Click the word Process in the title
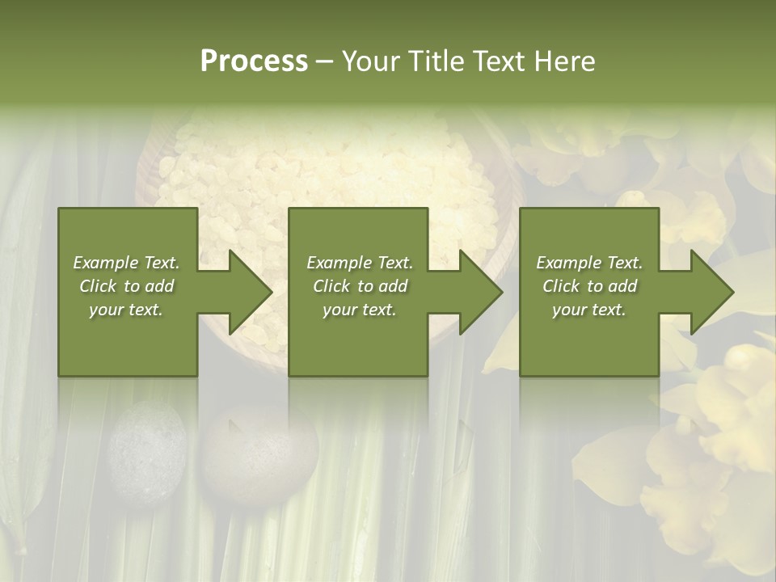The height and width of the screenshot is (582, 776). tap(254, 61)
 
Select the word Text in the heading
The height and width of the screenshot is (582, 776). tap(497, 61)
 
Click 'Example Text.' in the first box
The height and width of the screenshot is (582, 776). tap(126, 263)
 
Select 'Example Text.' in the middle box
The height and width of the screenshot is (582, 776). tap(360, 263)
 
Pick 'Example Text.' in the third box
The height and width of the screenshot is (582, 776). tap(589, 263)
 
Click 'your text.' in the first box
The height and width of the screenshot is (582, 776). tap(126, 310)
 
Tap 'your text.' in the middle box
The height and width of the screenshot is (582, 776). tap(360, 310)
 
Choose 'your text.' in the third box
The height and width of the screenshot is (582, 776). tap(589, 310)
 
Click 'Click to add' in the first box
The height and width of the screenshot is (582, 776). tap(126, 286)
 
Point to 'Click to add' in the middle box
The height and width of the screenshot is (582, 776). tap(360, 286)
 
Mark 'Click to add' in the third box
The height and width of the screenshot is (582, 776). tap(589, 286)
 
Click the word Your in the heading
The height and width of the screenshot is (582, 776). tap(369, 61)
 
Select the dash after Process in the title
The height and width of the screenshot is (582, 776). tap(324, 62)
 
